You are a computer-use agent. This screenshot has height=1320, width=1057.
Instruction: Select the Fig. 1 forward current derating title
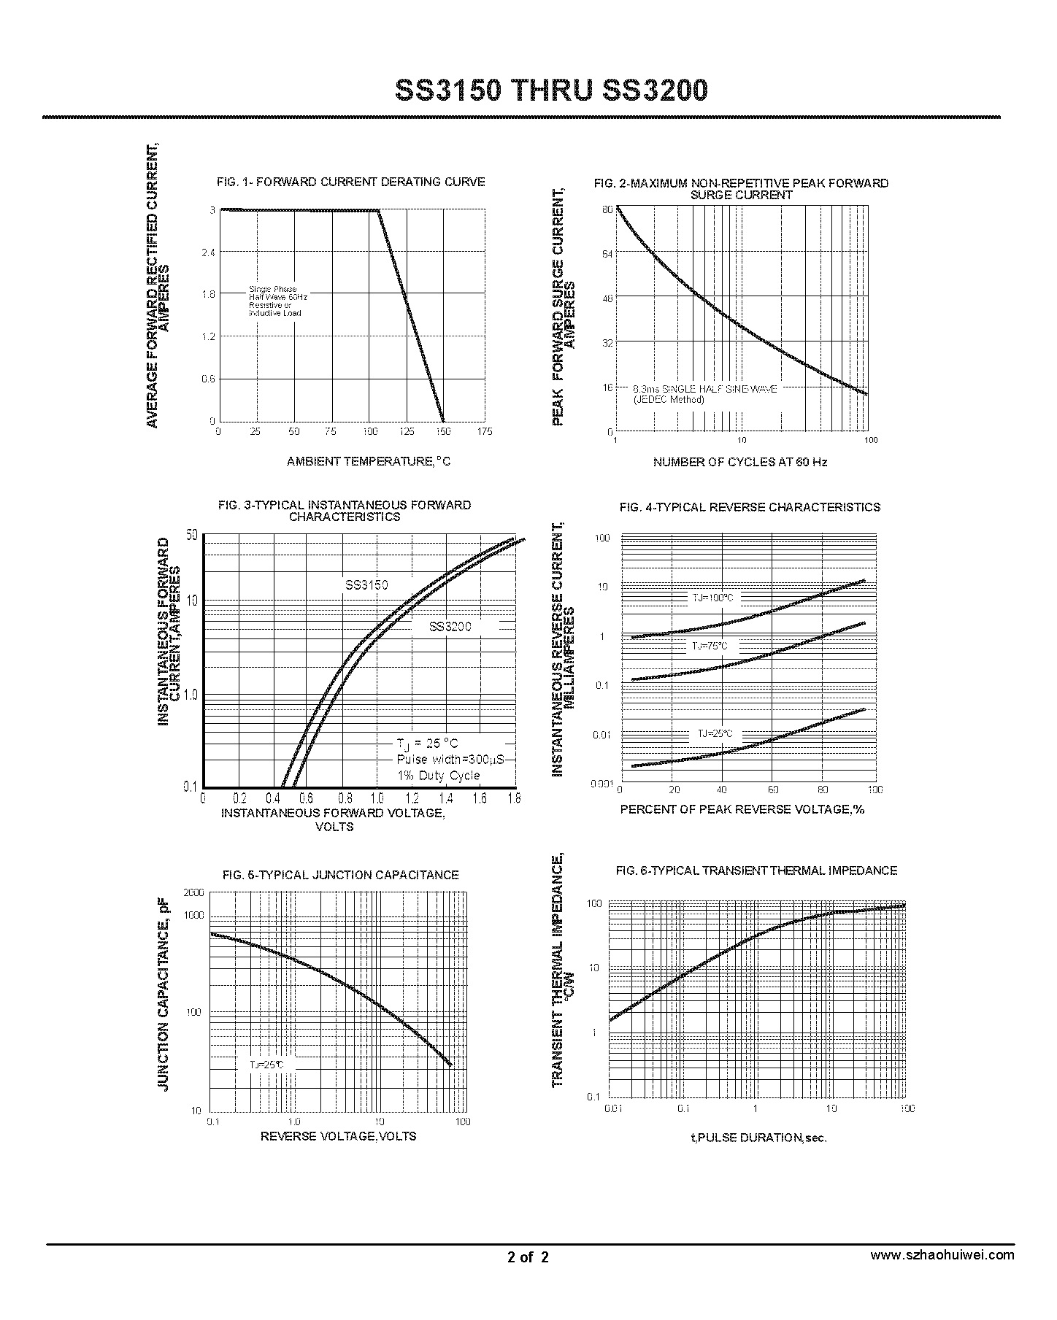click(x=351, y=182)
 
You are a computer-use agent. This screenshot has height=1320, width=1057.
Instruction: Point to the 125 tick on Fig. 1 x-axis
click(x=407, y=432)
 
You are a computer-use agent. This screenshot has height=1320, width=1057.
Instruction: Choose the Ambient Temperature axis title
click(x=369, y=461)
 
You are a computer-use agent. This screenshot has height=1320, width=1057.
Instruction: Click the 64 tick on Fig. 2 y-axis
click(x=607, y=253)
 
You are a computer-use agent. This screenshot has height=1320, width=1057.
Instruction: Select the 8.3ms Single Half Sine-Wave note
click(x=704, y=393)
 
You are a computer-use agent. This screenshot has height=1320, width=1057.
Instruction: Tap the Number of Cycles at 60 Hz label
click(x=740, y=462)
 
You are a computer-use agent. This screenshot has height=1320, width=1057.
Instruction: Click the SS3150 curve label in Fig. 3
click(x=366, y=585)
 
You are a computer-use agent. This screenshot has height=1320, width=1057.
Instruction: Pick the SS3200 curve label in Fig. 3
click(x=450, y=626)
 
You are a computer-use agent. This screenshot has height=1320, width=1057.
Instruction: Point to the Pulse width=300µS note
click(x=450, y=760)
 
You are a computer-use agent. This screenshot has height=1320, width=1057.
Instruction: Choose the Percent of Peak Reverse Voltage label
click(x=742, y=809)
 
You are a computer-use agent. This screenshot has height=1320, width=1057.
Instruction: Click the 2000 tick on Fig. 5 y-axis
click(x=193, y=893)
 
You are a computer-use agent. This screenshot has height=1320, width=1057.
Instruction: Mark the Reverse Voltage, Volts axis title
click(x=338, y=1136)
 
